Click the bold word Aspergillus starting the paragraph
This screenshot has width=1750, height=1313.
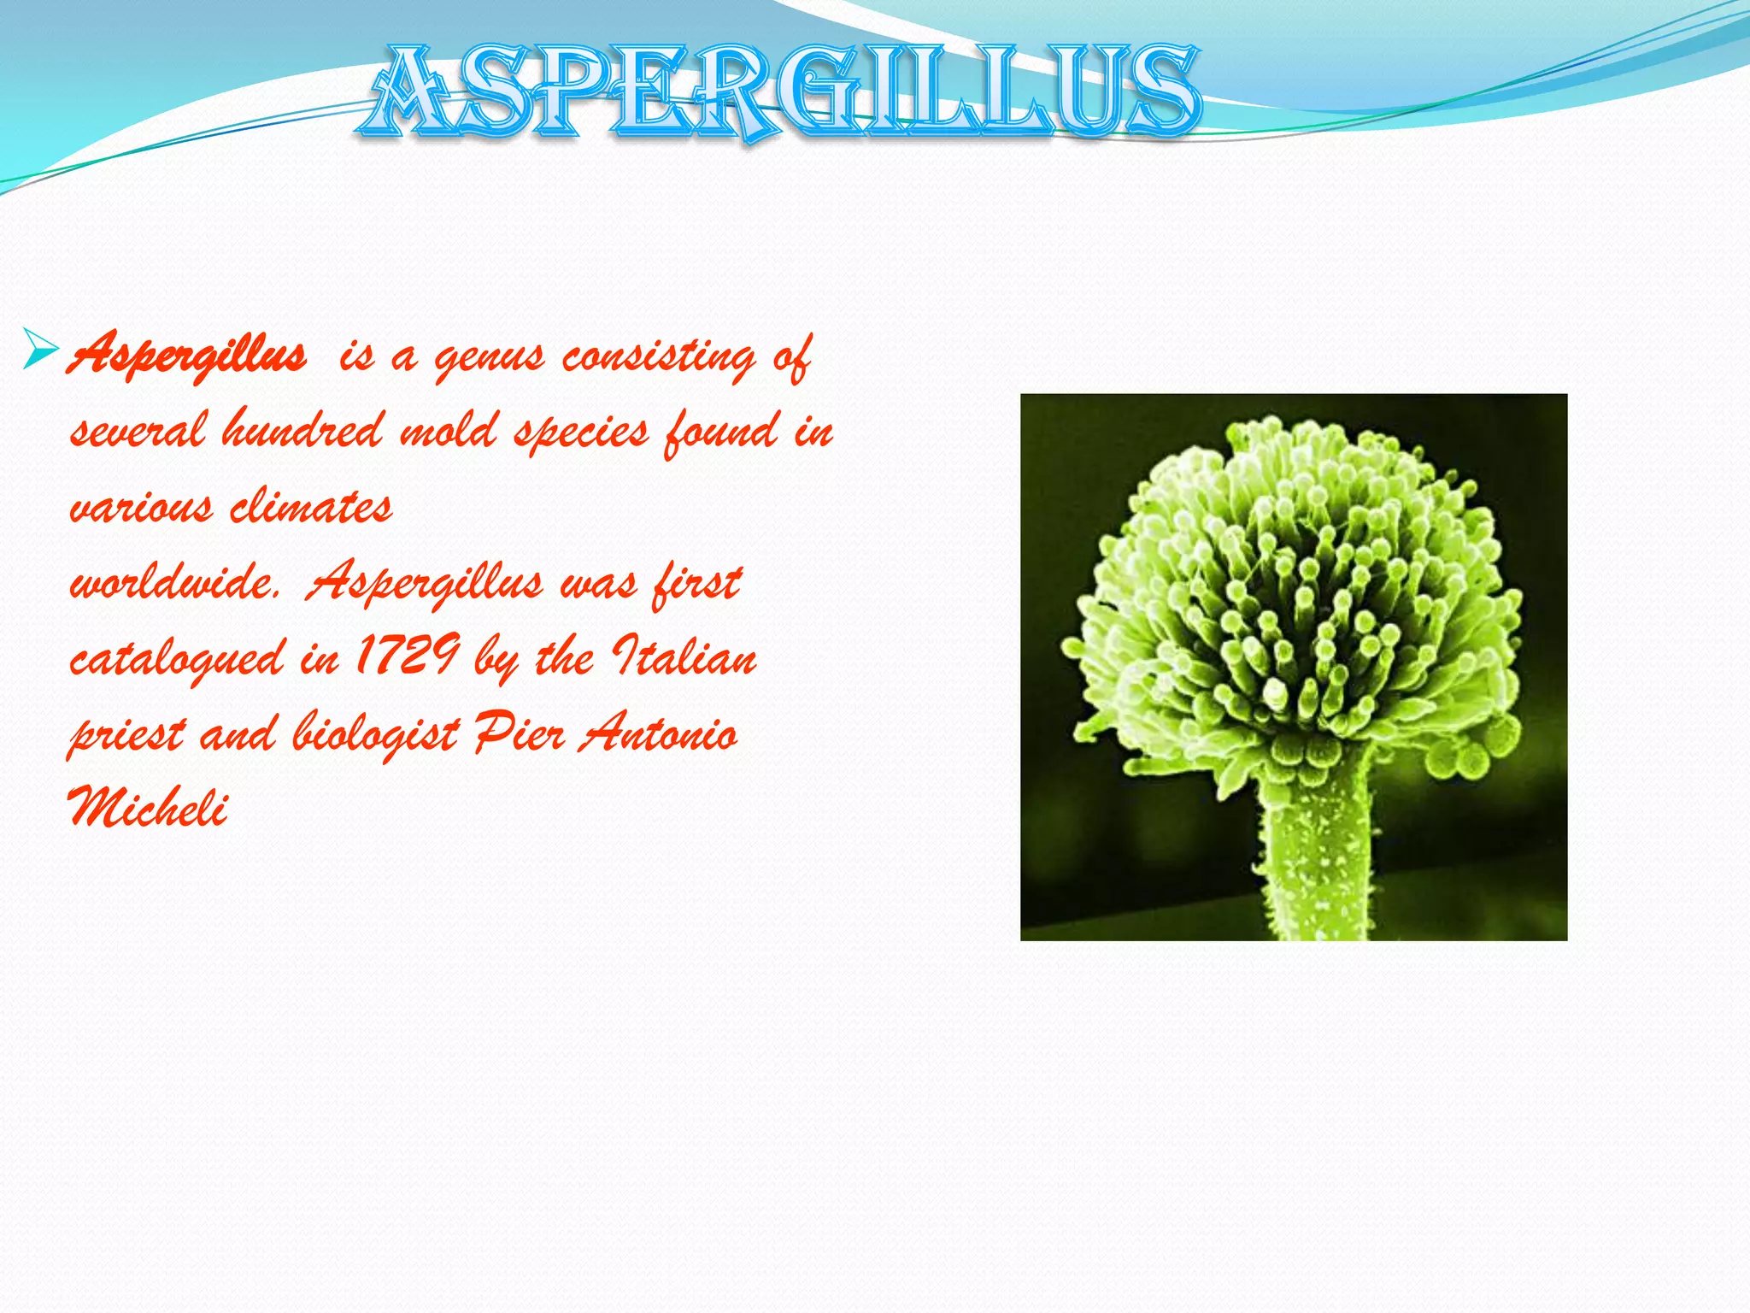(187, 355)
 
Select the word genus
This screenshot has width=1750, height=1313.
(489, 357)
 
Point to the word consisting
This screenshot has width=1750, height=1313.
(658, 357)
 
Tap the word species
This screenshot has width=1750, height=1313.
(580, 433)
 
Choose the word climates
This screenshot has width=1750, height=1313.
(311, 506)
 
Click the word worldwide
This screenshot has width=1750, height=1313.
(174, 583)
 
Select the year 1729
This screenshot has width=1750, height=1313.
(407, 656)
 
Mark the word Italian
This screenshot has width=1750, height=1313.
(684, 656)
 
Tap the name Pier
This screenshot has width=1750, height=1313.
(519, 733)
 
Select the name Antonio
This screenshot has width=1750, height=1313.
(658, 733)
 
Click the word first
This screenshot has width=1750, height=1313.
(696, 583)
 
